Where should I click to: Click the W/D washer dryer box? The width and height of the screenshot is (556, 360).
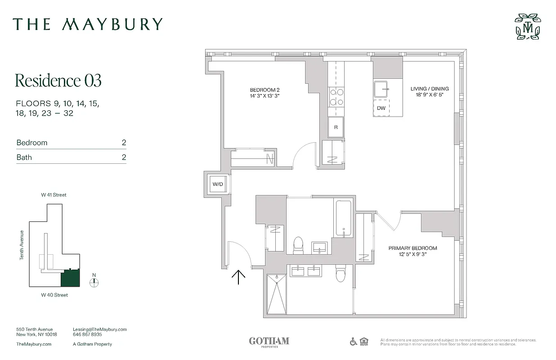tap(218, 184)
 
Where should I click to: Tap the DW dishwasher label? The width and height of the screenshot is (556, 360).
tap(381, 108)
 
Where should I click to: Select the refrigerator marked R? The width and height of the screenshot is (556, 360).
tap(336, 127)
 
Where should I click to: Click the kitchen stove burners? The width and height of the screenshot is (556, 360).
tap(336, 97)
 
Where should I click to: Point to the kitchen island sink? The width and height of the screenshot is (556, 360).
tap(381, 89)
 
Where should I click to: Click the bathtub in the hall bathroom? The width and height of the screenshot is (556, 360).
tap(344, 218)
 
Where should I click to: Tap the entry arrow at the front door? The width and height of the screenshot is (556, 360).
tap(238, 277)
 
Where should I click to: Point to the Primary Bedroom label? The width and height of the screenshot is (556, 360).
tap(413, 251)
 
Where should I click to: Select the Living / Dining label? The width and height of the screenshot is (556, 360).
tap(430, 92)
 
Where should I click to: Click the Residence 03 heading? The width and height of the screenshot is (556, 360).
tap(58, 81)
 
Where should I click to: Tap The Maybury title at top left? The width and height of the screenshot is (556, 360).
tap(87, 24)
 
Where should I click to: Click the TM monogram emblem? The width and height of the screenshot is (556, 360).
tap(528, 27)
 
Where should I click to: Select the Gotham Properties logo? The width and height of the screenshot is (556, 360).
tap(269, 342)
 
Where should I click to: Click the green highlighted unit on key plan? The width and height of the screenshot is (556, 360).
tap(70, 278)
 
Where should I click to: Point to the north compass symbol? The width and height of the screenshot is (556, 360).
tap(94, 282)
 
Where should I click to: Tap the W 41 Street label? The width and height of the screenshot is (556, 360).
tap(54, 195)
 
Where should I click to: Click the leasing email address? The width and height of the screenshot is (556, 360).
tap(99, 329)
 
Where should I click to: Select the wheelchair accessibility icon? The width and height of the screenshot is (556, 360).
tap(354, 342)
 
